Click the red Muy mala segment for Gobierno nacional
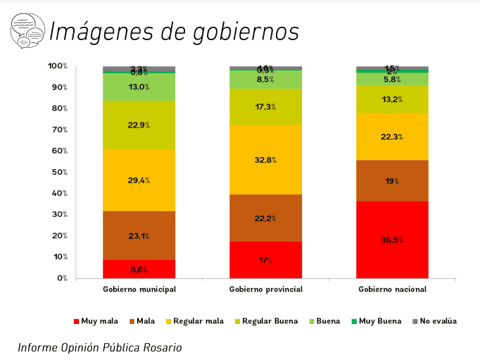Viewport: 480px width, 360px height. point(393,240)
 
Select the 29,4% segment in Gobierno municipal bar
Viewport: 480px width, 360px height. point(139,180)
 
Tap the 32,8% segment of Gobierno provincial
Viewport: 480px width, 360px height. point(266,160)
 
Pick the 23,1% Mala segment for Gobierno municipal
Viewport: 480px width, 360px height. point(139,235)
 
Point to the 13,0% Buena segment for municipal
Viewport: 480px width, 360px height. point(139,87)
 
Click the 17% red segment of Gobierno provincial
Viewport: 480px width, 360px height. point(266,260)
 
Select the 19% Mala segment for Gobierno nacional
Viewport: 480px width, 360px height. point(393,181)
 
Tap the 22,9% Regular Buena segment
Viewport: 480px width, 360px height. point(139,125)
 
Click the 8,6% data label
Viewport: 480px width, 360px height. point(139,269)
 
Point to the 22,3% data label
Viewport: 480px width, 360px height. point(393,137)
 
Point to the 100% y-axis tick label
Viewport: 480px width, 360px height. point(57,66)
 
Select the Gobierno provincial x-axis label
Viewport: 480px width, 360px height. point(266,290)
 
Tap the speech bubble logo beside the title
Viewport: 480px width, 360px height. point(26,31)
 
